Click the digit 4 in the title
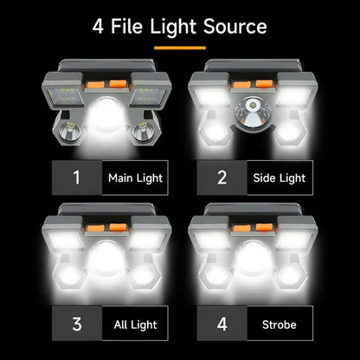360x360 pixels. tap(99, 26)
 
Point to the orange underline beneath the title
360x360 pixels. tap(179, 47)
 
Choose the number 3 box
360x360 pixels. tap(76, 325)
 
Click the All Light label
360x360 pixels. tap(135, 325)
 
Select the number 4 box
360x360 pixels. tap(222, 325)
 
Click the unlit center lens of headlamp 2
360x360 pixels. tap(253, 112)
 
